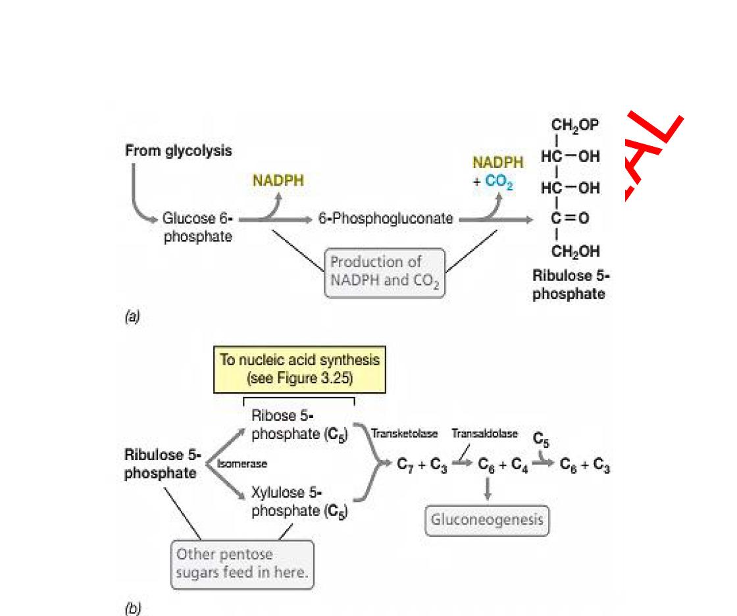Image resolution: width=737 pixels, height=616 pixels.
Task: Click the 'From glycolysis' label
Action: [178, 151]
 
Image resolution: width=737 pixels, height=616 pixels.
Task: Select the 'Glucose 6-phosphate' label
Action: [198, 228]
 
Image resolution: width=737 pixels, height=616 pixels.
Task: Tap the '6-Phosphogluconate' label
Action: [385, 219]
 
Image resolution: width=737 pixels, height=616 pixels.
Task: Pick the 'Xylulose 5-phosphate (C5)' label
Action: [299, 502]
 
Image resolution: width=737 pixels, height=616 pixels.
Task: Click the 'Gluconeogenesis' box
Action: [487, 520]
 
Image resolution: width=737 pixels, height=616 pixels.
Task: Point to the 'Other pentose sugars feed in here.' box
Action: [242, 563]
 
